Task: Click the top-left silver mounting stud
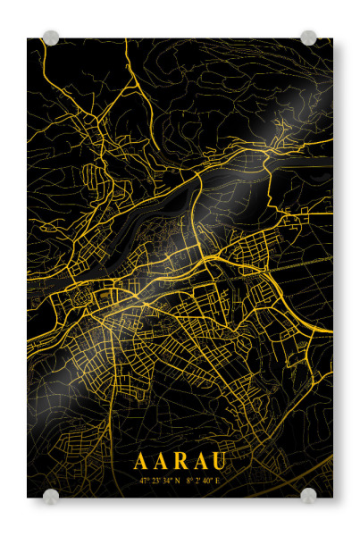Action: click(x=51, y=38)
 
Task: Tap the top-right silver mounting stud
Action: click(x=308, y=38)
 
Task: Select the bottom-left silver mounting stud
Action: click(x=51, y=495)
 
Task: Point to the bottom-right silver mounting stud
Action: click(x=308, y=495)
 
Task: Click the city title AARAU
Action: click(x=180, y=461)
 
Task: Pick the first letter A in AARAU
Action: click(x=141, y=461)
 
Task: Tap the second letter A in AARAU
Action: click(x=161, y=461)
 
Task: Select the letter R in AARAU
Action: click(x=180, y=461)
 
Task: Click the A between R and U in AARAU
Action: click(x=199, y=461)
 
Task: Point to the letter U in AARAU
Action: click(x=219, y=461)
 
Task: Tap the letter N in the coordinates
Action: click(x=178, y=481)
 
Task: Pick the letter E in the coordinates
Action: click(x=217, y=481)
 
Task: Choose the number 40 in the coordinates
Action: click(x=207, y=481)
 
